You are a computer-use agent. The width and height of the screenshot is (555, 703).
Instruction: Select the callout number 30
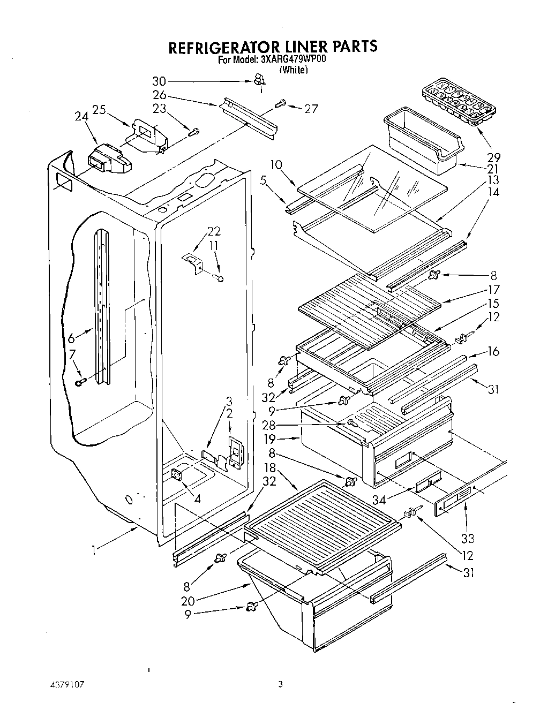[x=159, y=81]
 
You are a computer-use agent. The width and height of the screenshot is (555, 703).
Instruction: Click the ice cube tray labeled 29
[x=450, y=102]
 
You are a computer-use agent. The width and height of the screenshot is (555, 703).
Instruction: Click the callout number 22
[x=214, y=231]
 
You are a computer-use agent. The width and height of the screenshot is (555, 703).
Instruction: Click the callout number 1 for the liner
[x=94, y=550]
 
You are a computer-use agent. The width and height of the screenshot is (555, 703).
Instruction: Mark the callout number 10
[x=275, y=165]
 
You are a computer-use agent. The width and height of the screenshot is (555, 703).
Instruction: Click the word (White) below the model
[x=294, y=70]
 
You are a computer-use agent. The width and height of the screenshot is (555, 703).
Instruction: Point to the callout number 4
[x=198, y=499]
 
